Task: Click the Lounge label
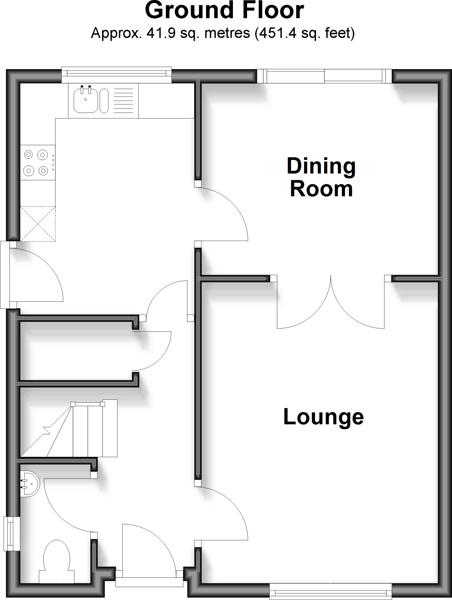pyautogui.click(x=323, y=417)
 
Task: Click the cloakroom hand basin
pyautogui.click(x=29, y=484)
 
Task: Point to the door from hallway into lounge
pyautogui.click(x=223, y=513)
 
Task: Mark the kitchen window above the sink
pyautogui.click(x=116, y=75)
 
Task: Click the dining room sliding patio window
pyautogui.click(x=324, y=76)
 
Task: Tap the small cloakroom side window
pyautogui.click(x=11, y=533)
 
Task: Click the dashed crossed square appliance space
pyautogui.click(x=38, y=224)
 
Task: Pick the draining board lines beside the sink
pyautogui.click(x=123, y=100)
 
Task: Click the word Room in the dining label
pyautogui.click(x=321, y=190)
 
